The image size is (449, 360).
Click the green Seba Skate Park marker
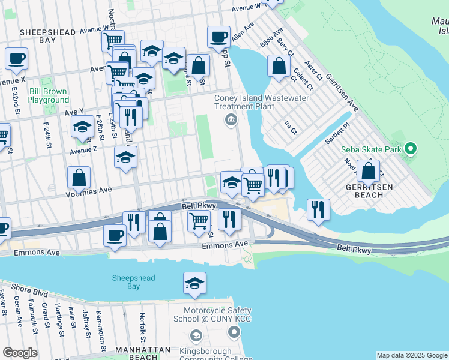coord(411,148)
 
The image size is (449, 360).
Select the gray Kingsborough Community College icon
coord(195,335)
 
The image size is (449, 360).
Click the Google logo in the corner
coord(20,353)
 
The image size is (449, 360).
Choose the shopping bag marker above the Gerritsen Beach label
coord(368,170)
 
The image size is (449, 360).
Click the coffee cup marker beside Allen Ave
coord(219,37)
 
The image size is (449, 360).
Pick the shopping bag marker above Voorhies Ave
coord(79,177)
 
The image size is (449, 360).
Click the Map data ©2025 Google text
coord(412,355)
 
